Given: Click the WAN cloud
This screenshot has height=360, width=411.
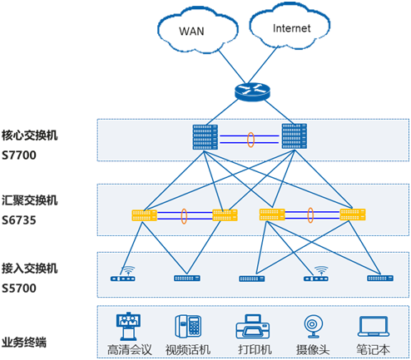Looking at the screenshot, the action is click(x=197, y=31).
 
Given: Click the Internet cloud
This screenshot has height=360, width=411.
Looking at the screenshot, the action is click(x=290, y=27).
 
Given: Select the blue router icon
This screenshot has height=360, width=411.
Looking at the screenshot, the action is click(x=252, y=91).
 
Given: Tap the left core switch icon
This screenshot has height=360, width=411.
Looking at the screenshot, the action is click(x=205, y=137).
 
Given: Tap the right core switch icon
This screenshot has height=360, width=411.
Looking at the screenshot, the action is click(x=295, y=136).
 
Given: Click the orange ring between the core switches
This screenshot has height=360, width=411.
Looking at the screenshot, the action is click(x=250, y=140).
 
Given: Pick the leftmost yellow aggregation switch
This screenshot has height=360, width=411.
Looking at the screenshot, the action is click(x=144, y=215).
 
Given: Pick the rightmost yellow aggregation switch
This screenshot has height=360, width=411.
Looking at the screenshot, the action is click(x=353, y=215).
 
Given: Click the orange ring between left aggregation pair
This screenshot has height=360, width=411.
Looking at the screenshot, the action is click(x=184, y=216).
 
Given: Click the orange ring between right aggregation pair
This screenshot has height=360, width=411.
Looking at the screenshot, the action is click(x=310, y=215).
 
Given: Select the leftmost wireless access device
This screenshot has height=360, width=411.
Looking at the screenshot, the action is click(x=123, y=274).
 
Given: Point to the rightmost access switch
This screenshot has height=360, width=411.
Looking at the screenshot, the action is click(x=380, y=278).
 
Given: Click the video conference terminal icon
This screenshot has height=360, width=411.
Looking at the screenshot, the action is click(x=128, y=326).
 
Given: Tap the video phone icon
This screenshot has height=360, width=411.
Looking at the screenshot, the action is click(x=188, y=326).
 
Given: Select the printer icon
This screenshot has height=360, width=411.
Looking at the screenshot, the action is click(x=253, y=327).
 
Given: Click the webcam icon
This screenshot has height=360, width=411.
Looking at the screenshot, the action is click(x=314, y=326).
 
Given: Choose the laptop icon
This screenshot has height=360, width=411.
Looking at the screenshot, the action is click(x=374, y=326).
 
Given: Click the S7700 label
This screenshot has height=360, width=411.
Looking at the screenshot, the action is click(x=19, y=155).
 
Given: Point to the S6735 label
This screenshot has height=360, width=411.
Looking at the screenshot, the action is click(x=19, y=220).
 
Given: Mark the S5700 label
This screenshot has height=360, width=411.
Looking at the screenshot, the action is click(x=19, y=288).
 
